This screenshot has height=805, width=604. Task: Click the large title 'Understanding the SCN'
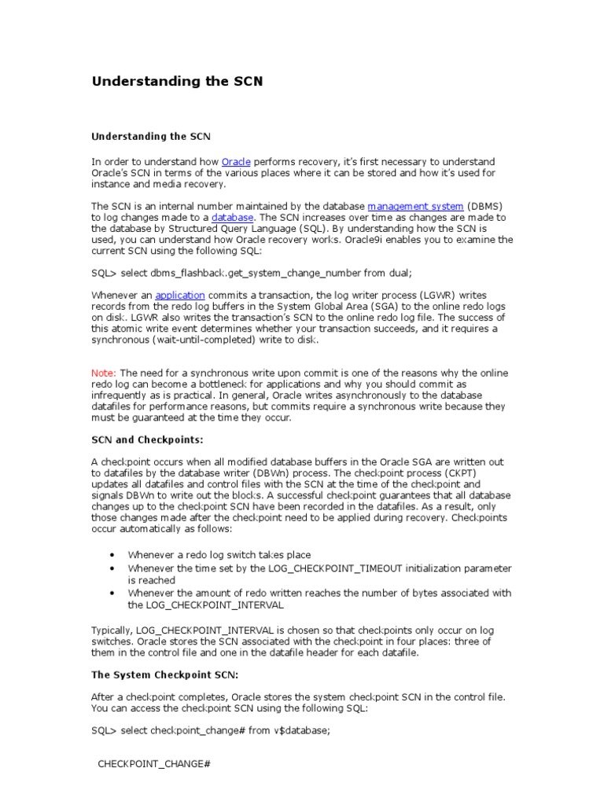[x=177, y=81]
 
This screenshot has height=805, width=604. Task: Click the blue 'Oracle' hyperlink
[x=236, y=161]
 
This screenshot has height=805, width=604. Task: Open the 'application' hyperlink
[x=180, y=295]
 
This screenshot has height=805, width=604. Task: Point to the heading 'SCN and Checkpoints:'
[x=147, y=439]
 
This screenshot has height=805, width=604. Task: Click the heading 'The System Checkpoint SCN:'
[x=164, y=675]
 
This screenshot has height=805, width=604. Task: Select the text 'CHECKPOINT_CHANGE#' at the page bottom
[x=154, y=764]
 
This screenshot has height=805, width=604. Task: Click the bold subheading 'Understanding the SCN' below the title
[x=151, y=136]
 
